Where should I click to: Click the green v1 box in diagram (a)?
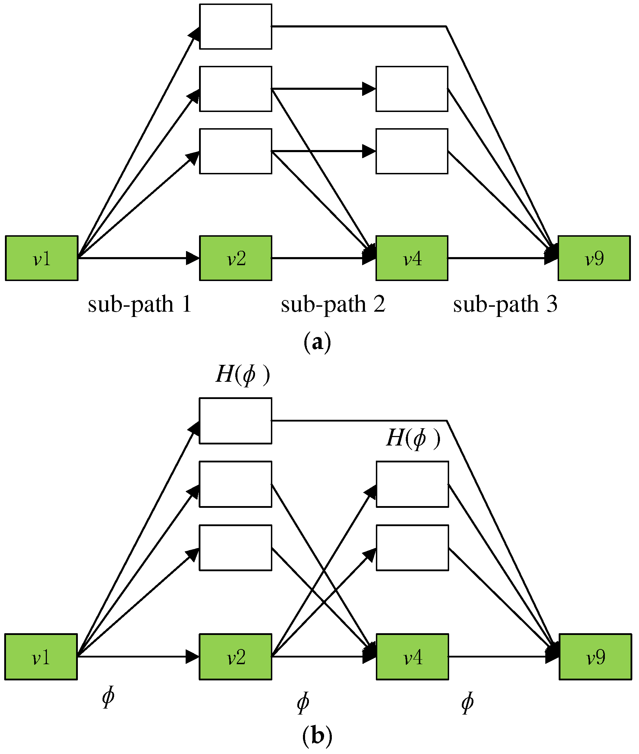[x=42, y=258]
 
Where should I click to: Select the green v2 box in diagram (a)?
[x=235, y=258]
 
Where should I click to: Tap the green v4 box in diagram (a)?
[x=412, y=258]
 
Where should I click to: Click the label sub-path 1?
[x=139, y=304]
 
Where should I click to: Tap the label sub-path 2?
[x=333, y=304]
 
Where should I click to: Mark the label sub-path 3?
[x=505, y=304]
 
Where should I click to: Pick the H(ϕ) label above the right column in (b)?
[x=413, y=438]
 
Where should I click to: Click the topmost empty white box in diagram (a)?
[x=235, y=26]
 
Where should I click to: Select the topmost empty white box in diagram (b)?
[x=235, y=420]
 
